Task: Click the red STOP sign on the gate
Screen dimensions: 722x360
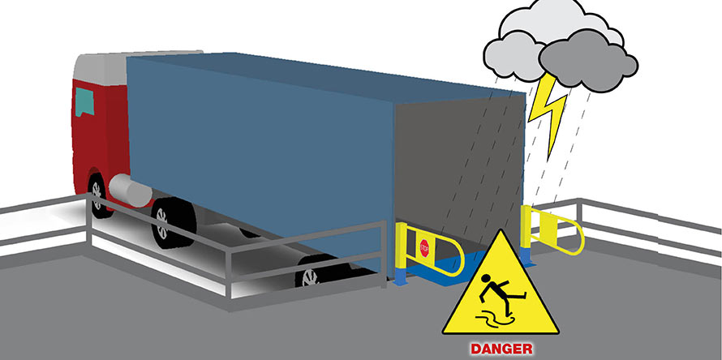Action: [424, 248]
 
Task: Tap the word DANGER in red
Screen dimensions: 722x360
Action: [501, 349]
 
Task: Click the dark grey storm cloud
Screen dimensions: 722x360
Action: [588, 62]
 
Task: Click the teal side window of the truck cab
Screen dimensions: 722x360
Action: [84, 101]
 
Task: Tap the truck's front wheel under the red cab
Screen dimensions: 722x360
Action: [98, 195]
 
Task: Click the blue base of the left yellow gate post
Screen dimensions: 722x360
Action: [400, 276]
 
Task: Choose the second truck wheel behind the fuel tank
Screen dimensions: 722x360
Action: [173, 222]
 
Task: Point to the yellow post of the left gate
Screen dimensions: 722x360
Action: [401, 246]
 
